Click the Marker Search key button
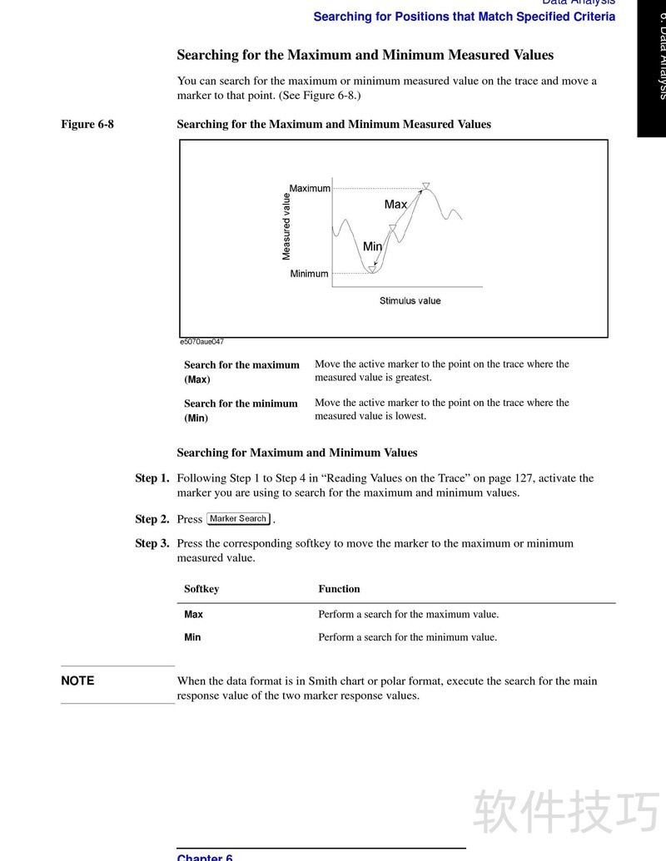point(238,519)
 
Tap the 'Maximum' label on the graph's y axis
point(310,189)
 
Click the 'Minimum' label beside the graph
point(309,274)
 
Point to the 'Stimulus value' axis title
point(410,301)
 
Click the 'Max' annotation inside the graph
point(395,205)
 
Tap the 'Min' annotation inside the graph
point(372,247)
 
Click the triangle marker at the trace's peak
point(425,186)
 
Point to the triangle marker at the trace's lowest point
point(372,269)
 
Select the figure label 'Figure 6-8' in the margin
point(87,125)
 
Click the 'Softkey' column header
point(201,589)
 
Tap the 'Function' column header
point(339,589)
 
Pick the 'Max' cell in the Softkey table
point(193,615)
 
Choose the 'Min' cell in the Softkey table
point(192,638)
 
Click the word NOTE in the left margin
point(77,681)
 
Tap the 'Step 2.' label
point(152,519)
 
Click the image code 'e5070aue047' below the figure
point(201,342)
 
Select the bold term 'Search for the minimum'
point(241,403)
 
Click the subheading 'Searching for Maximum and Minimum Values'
point(297,453)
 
